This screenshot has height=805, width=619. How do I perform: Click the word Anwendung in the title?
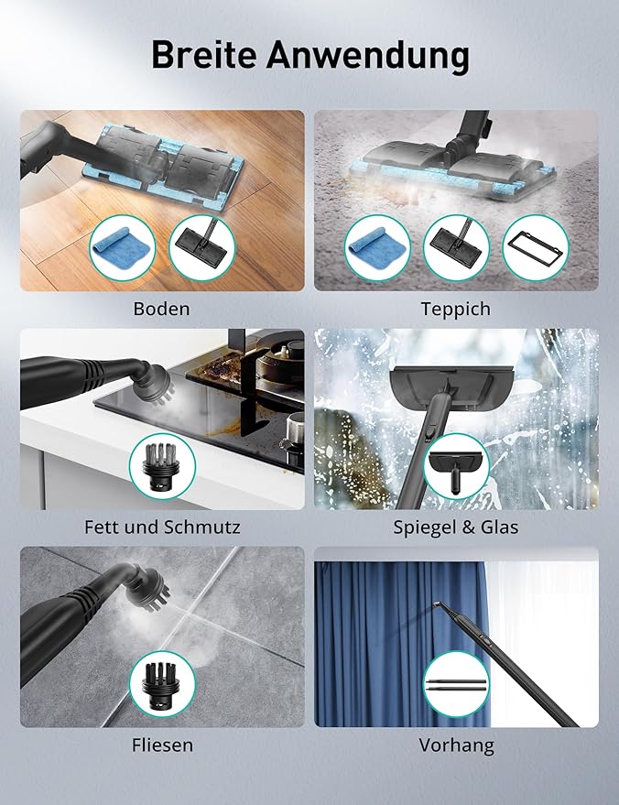pos(367,56)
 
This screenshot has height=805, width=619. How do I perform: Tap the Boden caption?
pos(162,309)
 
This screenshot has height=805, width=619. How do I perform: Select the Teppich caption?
pos(456,309)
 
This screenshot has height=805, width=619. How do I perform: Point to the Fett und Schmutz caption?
pos(162,527)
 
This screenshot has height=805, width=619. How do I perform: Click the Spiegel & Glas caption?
pos(456,528)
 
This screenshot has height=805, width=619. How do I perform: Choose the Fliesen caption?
pos(162,745)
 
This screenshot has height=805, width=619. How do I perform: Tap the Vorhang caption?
pos(456,745)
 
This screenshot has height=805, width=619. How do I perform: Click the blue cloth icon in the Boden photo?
pos(122,248)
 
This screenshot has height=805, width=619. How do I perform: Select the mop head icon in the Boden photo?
pos(201,248)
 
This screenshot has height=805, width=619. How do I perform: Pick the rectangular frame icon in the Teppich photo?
pos(536,248)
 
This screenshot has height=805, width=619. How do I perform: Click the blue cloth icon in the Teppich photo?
pos(377,248)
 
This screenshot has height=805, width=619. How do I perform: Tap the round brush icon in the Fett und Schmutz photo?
pos(162,466)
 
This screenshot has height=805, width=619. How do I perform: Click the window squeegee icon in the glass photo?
pos(456,466)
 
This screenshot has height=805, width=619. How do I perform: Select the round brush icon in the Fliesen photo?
pos(162,684)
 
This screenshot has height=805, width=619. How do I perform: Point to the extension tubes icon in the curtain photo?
pos(456,684)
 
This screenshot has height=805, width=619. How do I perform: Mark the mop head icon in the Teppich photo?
pos(456,248)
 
